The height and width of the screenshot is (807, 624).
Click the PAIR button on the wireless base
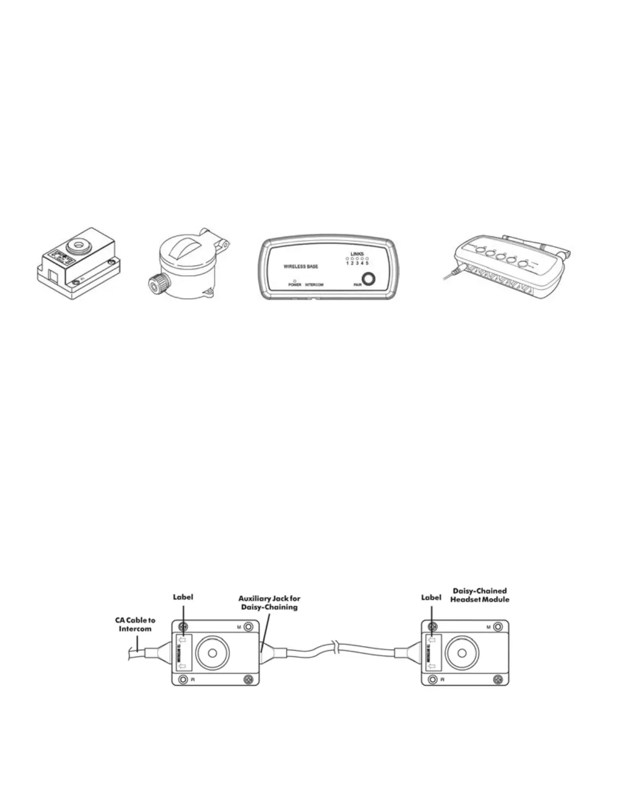point(369,280)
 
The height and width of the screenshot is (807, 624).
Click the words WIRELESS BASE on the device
point(301,266)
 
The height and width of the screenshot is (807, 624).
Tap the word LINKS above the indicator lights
point(357,254)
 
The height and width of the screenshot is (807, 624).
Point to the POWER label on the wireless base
point(295,285)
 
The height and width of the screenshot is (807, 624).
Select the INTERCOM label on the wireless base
point(314,285)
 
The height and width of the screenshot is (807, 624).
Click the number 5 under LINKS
point(367,263)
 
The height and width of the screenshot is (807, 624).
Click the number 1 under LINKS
point(347,263)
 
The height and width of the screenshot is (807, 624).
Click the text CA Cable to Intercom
point(135,625)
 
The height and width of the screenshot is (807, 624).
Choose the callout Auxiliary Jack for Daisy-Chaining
point(269,603)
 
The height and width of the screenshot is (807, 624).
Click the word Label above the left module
point(183,597)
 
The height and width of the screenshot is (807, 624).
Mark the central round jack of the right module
point(461,653)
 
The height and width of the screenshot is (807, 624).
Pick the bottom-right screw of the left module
point(248,679)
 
